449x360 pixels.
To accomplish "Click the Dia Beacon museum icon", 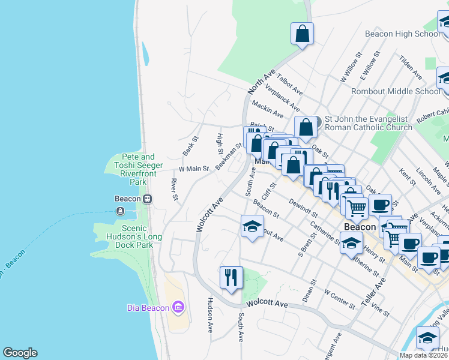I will pos(178,308).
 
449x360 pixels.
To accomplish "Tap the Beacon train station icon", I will pos(146,199).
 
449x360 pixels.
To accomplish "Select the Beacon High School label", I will pos(402,34).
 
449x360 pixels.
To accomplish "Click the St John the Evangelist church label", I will pos(368,123).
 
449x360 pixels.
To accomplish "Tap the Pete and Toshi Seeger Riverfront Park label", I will pos(133,173).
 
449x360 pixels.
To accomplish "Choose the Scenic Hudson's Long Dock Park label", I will pos(125,236).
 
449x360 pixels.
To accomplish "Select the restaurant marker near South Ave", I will pos(231,277).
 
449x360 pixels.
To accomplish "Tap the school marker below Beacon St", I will pos(252,226).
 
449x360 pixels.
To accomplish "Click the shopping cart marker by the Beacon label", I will pos(357,208).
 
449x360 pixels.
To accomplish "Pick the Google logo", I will pos(20,353).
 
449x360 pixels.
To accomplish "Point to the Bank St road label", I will pos(190,146).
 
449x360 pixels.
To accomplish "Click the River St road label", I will pos(174,190).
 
